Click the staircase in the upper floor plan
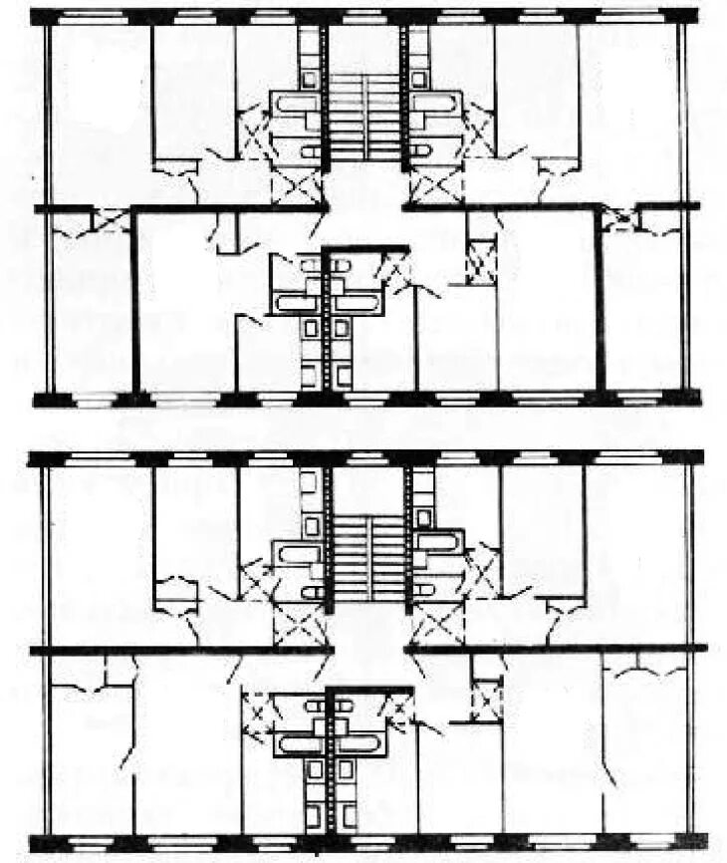365,115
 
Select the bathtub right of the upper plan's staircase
437,103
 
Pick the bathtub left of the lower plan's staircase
296,548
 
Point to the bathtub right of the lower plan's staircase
437,543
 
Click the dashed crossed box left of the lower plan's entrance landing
297,627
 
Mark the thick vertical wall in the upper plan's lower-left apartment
135,299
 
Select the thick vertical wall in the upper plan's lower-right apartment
600,299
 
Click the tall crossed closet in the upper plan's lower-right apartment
482,261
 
